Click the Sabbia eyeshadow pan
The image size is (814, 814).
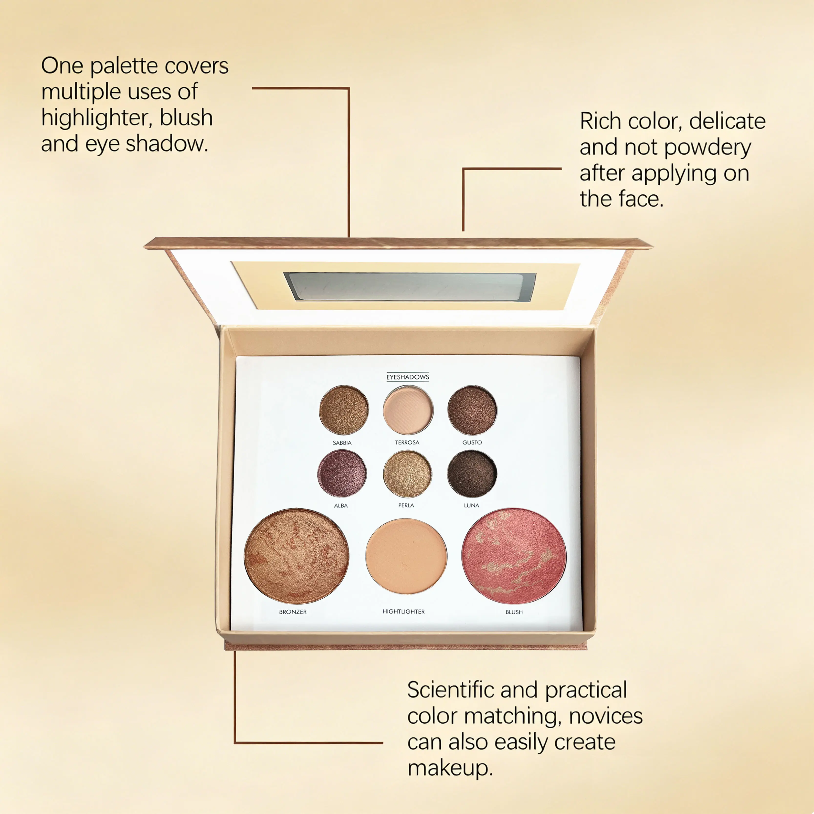point(344,410)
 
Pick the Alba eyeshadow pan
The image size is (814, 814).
point(342,474)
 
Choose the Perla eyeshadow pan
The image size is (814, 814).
point(407,474)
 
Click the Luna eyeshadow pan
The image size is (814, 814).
point(472,474)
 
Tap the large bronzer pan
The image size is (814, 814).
point(297,556)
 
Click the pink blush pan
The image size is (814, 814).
point(514,556)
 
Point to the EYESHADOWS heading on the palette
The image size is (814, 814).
point(408,377)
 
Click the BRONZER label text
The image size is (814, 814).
point(293,612)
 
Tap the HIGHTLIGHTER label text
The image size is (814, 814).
point(404,611)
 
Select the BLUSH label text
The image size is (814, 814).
point(514,612)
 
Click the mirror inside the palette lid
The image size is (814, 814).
point(410,286)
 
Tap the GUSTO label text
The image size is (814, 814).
point(472,442)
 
